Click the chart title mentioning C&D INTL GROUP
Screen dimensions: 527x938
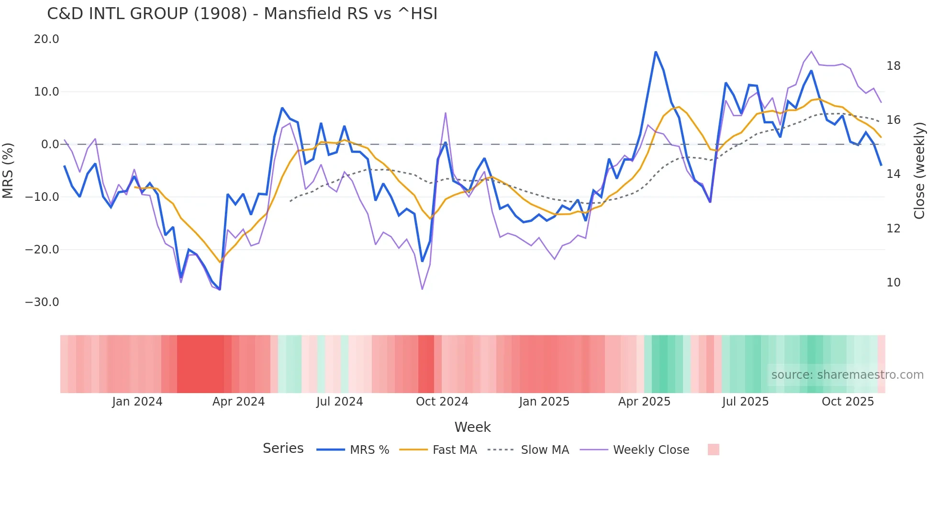click(242, 13)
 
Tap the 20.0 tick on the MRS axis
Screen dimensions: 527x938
click(46, 39)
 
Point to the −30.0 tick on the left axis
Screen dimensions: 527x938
click(42, 302)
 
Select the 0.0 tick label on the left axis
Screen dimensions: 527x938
click(50, 144)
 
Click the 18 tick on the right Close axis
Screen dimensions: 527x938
click(893, 66)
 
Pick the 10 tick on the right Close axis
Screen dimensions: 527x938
click(893, 283)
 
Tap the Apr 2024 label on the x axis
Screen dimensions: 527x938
click(238, 402)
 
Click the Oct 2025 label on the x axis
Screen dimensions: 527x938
click(848, 402)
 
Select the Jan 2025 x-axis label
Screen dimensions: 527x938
click(544, 402)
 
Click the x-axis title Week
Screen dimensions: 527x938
click(472, 427)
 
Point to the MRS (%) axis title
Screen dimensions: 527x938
click(8, 170)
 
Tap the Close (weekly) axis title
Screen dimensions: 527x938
click(919, 171)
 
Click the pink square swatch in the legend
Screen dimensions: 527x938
click(713, 450)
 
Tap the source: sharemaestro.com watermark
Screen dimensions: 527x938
click(847, 375)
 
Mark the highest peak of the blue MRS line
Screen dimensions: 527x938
click(656, 52)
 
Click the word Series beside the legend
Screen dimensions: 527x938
click(283, 449)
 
